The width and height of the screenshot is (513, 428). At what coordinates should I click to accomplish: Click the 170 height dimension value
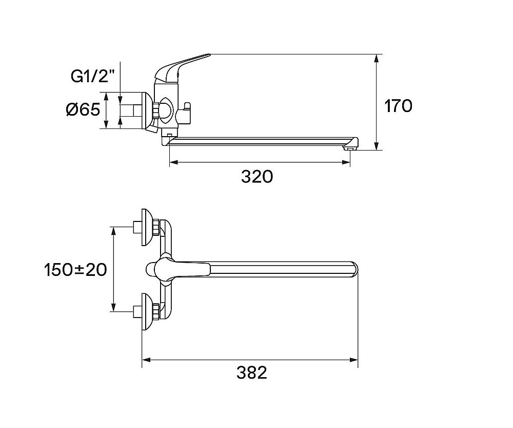click(x=398, y=106)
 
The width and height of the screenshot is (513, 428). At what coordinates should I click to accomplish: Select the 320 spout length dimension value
click(x=256, y=177)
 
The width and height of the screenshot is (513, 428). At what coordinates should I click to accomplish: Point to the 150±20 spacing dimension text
click(x=75, y=269)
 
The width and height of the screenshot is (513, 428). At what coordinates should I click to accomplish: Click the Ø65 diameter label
click(x=83, y=109)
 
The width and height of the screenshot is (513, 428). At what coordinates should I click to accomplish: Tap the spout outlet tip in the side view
click(x=350, y=148)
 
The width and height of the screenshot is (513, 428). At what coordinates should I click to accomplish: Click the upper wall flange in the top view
click(x=147, y=226)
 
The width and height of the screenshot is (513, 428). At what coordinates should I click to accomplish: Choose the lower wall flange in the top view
click(x=147, y=311)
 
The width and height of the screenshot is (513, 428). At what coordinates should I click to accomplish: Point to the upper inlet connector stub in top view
click(x=137, y=226)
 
